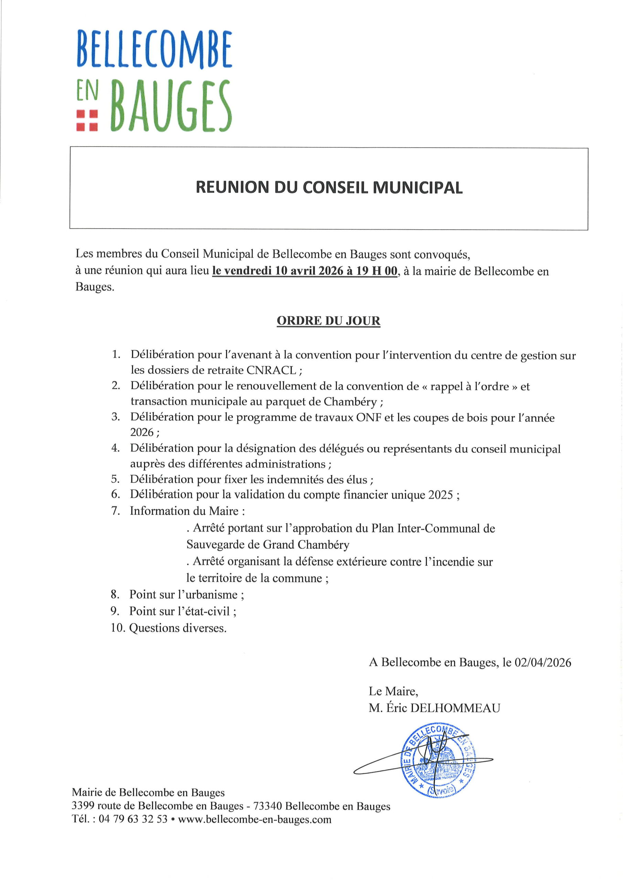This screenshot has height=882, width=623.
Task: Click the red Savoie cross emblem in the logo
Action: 87,121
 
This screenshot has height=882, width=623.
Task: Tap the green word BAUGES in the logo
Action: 171,106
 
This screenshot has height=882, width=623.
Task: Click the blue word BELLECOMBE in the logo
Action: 154,50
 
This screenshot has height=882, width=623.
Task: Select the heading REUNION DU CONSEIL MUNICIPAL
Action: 329,187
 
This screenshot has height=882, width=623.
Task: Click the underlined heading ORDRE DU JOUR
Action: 328,321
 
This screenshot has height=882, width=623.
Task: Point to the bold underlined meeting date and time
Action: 305,271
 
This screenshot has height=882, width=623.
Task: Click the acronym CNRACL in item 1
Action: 271,370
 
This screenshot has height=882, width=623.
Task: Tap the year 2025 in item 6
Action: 441,495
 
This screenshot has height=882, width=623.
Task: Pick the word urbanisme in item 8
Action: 212,595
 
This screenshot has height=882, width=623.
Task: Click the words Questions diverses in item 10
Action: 178,628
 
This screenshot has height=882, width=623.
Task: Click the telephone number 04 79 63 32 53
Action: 133,819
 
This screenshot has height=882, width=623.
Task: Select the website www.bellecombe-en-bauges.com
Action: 254,819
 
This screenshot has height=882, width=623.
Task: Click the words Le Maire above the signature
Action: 393,691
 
